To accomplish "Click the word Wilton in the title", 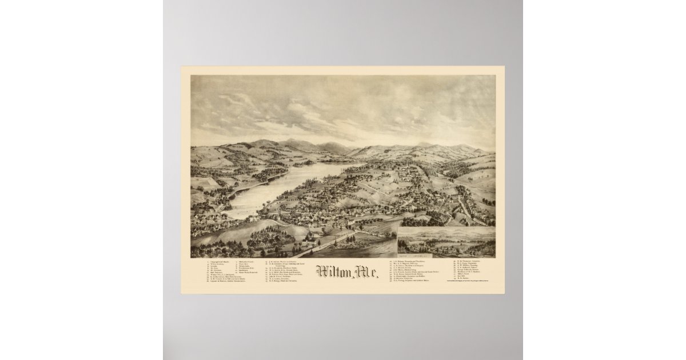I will [x=332, y=273].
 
